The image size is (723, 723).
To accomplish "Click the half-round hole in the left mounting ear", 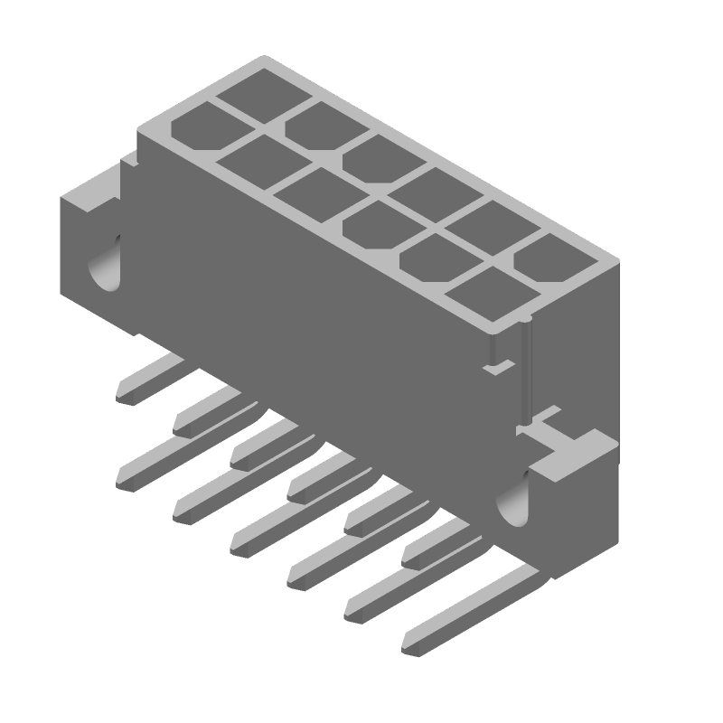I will (107, 262).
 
